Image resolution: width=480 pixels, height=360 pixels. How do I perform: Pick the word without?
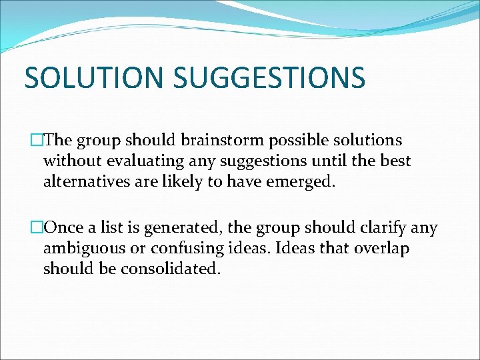[x=71, y=161]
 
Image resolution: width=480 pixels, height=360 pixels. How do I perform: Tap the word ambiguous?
[x=84, y=249]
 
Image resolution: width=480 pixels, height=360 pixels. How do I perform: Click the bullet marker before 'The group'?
[x=37, y=141]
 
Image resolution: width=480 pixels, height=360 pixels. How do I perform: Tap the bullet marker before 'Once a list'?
[x=37, y=228]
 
